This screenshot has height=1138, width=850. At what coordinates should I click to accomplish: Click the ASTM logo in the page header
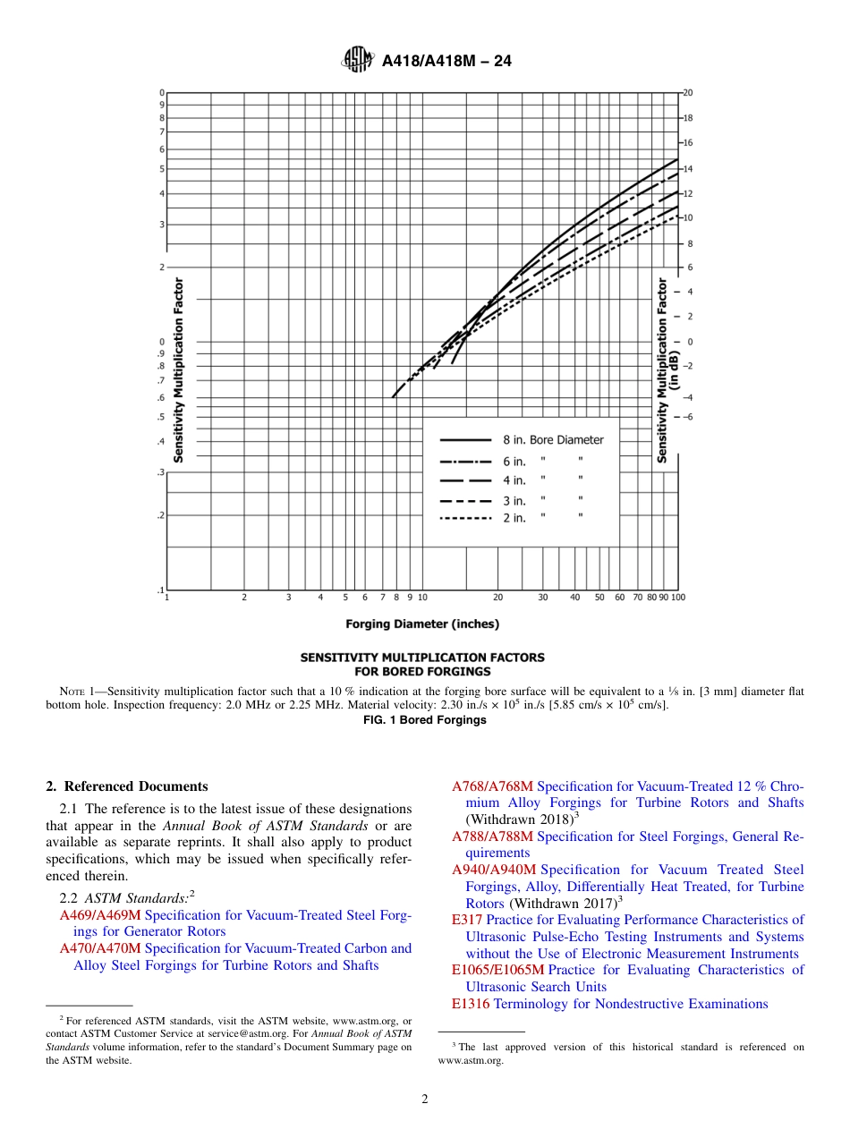(357, 61)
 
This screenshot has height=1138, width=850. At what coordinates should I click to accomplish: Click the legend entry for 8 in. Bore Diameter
(553, 439)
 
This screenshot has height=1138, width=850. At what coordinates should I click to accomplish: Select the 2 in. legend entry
(514, 519)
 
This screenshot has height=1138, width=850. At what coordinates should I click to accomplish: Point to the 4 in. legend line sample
(465, 480)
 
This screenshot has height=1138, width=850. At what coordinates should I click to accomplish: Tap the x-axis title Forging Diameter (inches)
(422, 624)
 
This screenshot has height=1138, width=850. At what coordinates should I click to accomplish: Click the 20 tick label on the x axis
(498, 597)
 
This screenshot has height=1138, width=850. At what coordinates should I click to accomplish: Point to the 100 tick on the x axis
(677, 597)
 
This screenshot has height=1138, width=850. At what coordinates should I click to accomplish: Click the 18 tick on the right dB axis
(688, 118)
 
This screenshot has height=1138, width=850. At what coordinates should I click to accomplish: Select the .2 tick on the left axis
(160, 515)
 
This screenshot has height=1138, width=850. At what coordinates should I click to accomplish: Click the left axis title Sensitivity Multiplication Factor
(179, 369)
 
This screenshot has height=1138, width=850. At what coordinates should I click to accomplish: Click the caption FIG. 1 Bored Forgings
(422, 720)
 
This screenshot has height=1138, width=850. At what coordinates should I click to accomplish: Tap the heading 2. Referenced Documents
(126, 786)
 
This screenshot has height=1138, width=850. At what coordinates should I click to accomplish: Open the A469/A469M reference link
(100, 915)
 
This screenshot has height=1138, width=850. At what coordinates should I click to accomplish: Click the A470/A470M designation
(100, 948)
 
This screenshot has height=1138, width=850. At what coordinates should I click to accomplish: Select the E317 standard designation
(467, 920)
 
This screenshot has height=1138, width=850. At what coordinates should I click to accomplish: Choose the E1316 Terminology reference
(471, 1004)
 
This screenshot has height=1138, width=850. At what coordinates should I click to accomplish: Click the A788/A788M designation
(492, 837)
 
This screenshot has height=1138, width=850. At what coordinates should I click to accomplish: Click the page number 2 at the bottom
(425, 1100)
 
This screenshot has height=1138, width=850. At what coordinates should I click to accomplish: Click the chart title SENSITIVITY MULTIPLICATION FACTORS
(421, 657)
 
